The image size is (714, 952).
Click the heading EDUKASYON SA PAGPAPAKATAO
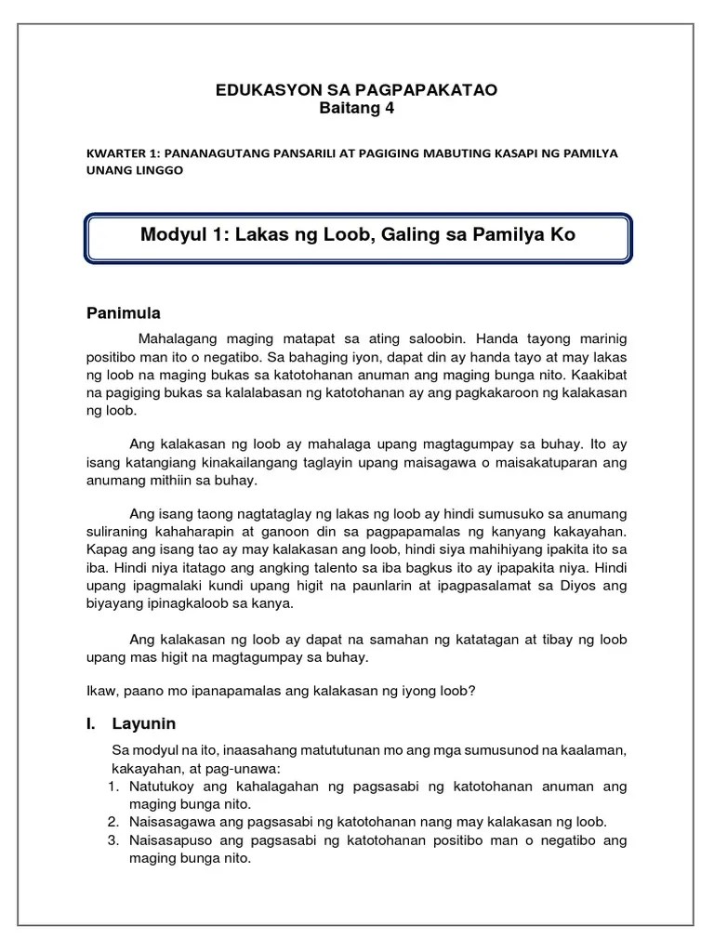[x=356, y=89]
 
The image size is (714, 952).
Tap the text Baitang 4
[x=357, y=108]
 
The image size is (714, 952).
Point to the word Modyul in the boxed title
[x=170, y=235]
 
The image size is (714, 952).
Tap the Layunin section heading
[x=144, y=722]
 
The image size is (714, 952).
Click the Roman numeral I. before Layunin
[x=92, y=722]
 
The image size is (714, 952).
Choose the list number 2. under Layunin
[x=112, y=822]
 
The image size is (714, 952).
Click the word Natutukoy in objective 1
[x=161, y=787]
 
